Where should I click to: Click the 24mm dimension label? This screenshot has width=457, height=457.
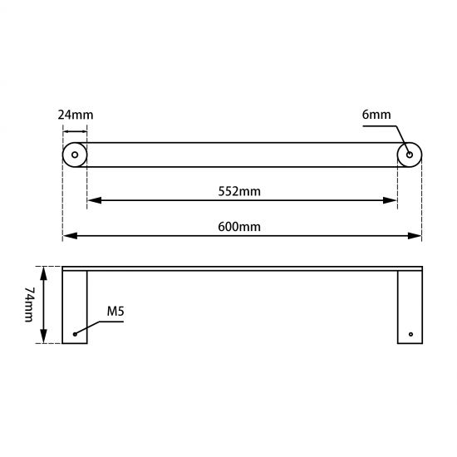[x=75, y=115]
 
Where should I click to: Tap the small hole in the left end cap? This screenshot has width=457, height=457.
[x=76, y=155]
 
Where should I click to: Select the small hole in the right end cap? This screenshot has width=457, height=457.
[x=409, y=155]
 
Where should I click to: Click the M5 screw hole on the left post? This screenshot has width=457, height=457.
[x=76, y=334]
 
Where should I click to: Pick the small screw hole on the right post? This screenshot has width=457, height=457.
[x=409, y=334]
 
